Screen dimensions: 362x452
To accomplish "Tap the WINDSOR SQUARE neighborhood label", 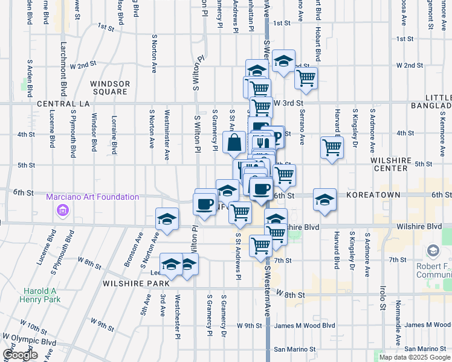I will tap(109, 87).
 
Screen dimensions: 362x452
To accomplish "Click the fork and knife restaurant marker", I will tap(262, 143).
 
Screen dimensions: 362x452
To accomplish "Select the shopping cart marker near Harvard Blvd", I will tap(332, 147).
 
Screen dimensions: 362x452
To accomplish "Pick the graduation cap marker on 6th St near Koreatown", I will tap(324, 200).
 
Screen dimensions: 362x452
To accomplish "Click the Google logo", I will tap(21, 355).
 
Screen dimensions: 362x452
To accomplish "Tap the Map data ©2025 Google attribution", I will tap(414, 357).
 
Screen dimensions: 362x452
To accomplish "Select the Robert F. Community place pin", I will tap(433, 250).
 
